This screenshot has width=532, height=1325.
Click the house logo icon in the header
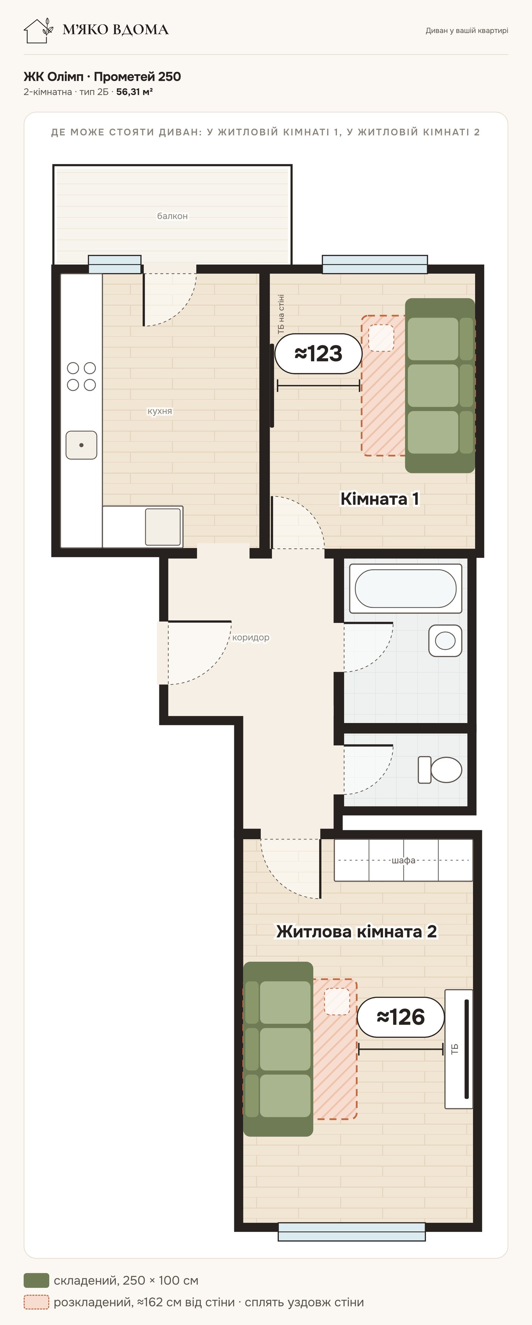tap(38, 31)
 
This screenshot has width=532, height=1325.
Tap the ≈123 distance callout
tap(318, 353)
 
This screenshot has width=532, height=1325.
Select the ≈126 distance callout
tap(401, 1017)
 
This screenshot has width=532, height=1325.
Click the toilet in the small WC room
tap(440, 770)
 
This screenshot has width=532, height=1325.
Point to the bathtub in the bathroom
tap(405, 588)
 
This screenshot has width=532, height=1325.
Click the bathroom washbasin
tap(445, 641)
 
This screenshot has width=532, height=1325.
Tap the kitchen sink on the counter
tap(81, 445)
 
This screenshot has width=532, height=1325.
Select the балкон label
tap(173, 216)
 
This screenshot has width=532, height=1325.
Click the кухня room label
tap(160, 411)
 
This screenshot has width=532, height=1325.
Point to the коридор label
tap(250, 637)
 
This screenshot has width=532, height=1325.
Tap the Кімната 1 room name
tap(380, 498)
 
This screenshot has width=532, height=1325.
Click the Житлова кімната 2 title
tap(357, 931)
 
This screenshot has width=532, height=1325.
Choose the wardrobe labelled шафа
tap(403, 860)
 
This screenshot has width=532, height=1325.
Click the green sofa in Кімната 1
tap(440, 385)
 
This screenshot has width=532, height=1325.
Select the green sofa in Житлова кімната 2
tap(278, 1049)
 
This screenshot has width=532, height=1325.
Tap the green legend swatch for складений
tap(37, 1280)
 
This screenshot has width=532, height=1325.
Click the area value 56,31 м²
tap(134, 92)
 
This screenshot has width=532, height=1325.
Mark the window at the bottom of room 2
tap(352, 1232)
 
